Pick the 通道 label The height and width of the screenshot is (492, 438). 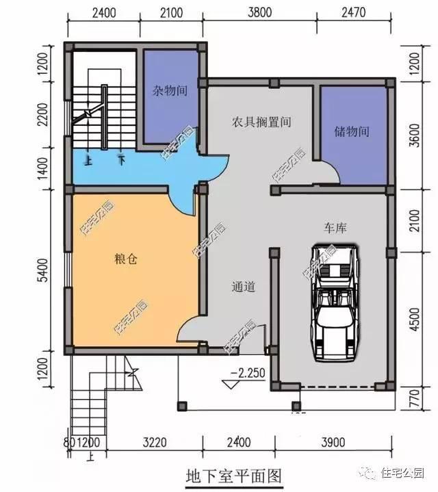point(244,287)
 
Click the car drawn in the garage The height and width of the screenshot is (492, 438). point(333,301)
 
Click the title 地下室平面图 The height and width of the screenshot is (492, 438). point(233,474)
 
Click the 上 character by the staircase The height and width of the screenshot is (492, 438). point(88,161)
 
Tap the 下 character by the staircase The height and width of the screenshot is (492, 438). point(121,161)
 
